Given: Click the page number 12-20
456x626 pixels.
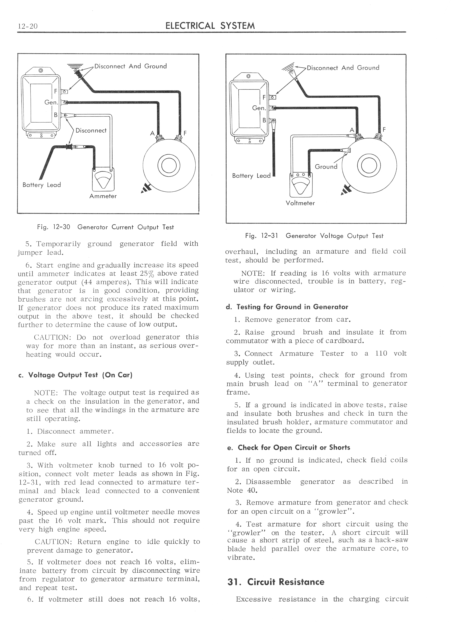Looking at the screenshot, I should pyautogui.click(x=27, y=26).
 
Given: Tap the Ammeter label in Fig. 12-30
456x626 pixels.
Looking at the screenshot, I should pyautogui.click(x=103, y=196).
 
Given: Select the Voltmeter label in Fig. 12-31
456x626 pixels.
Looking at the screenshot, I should pyautogui.click(x=300, y=203).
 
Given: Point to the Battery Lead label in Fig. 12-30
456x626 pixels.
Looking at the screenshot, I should pyautogui.click(x=42, y=185).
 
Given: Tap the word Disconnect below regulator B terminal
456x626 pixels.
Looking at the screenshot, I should pyautogui.click(x=91, y=131).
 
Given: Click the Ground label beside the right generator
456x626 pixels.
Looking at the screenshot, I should pyautogui.click(x=326, y=167).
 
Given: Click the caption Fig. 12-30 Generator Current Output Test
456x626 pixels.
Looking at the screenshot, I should pyautogui.click(x=105, y=227).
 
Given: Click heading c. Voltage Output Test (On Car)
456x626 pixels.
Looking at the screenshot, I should pyautogui.click(x=75, y=375).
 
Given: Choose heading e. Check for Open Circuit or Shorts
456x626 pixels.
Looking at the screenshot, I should pyautogui.click(x=289, y=447).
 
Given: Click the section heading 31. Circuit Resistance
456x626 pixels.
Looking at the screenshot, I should pyautogui.click(x=276, y=582).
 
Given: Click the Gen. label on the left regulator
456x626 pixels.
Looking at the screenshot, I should pyautogui.click(x=51, y=102).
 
